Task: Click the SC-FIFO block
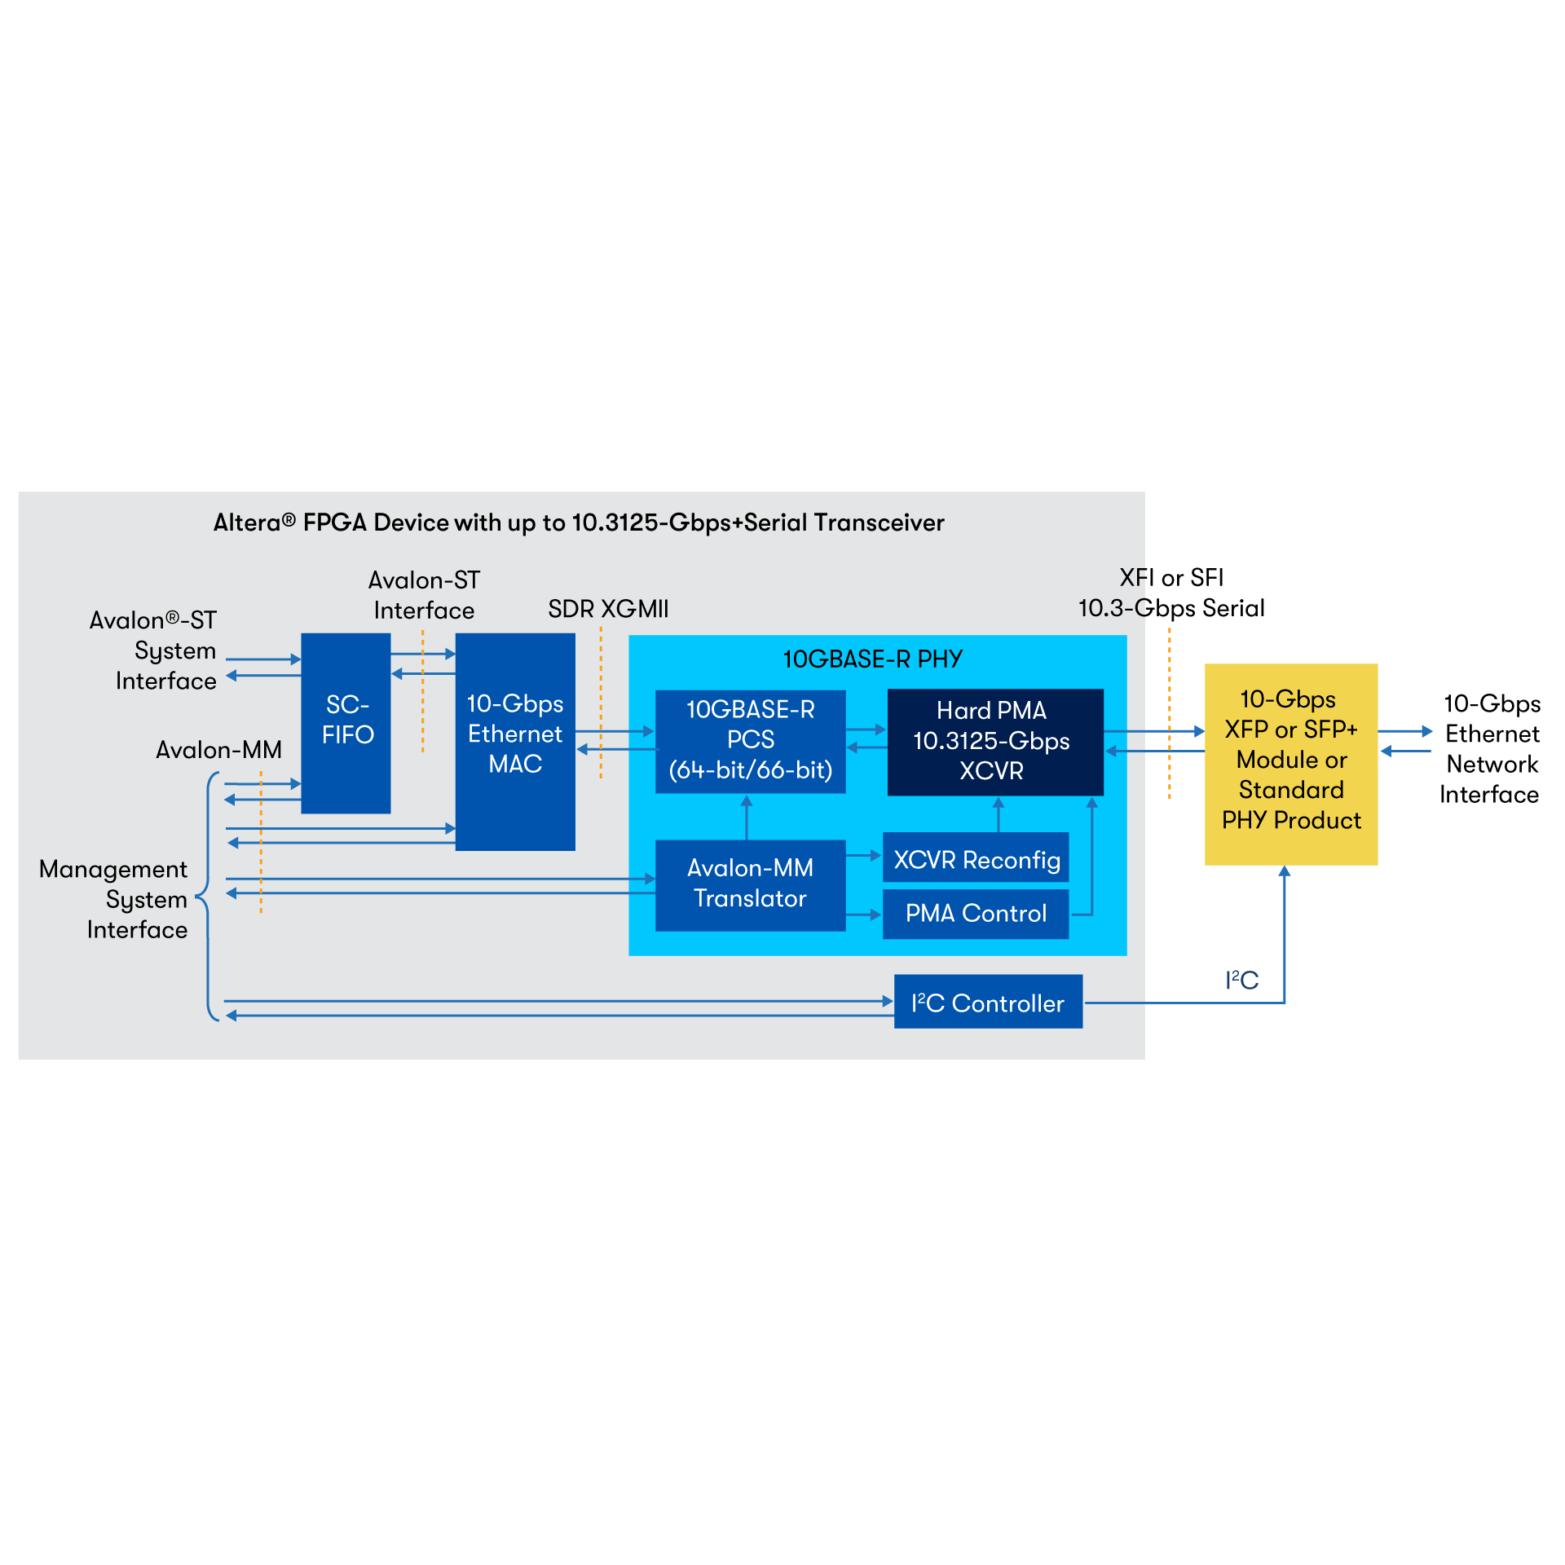tap(346, 722)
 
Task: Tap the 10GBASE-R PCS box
tap(750, 740)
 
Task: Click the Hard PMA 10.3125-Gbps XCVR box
tap(994, 741)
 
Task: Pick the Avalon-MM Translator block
tap(750, 884)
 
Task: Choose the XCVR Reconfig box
tap(976, 857)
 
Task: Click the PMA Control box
tap(976, 913)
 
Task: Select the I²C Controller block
tap(988, 1002)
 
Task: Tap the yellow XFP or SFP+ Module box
tap(1291, 763)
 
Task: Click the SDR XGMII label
tap(608, 609)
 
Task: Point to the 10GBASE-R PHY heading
tap(872, 659)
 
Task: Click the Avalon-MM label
tap(218, 750)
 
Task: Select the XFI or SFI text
tap(1171, 578)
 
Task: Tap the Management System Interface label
tap(114, 899)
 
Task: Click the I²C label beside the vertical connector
tap(1241, 980)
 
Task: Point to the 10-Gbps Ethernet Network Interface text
tap(1491, 748)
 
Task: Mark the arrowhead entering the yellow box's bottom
tap(1285, 871)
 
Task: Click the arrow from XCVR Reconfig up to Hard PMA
tap(999, 813)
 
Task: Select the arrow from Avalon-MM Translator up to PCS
tap(747, 817)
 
